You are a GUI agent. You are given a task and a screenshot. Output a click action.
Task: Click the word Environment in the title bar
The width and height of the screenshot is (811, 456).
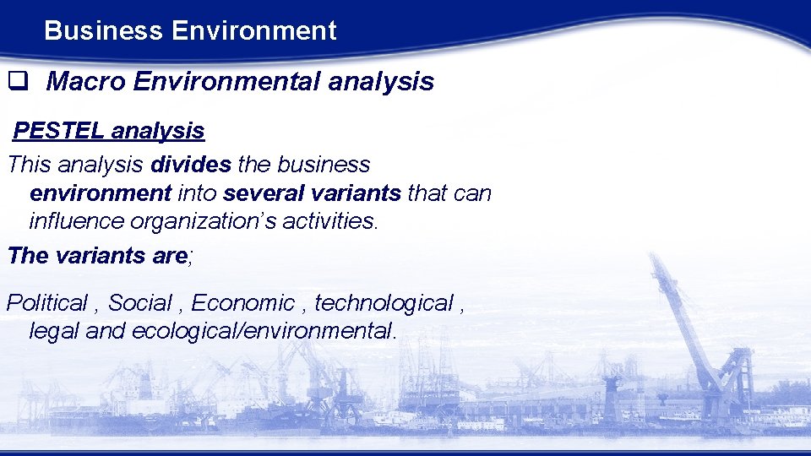pyautogui.click(x=253, y=31)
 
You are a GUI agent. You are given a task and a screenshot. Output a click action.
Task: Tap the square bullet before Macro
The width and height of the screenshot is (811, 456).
pyautogui.click(x=17, y=82)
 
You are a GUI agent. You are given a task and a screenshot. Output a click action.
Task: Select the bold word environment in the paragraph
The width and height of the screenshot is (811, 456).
pyautogui.click(x=101, y=193)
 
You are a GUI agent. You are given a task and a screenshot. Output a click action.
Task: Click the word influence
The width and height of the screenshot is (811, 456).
pyautogui.click(x=73, y=221)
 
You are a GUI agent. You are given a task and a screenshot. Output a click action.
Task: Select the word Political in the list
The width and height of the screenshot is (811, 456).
pyautogui.click(x=47, y=302)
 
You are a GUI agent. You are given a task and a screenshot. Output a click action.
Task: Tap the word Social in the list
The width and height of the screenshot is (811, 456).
pyautogui.click(x=139, y=302)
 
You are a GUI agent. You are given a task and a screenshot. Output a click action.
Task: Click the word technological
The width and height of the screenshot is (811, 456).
pyautogui.click(x=384, y=302)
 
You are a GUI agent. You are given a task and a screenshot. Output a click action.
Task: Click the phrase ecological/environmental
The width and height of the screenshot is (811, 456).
pyautogui.click(x=262, y=331)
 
